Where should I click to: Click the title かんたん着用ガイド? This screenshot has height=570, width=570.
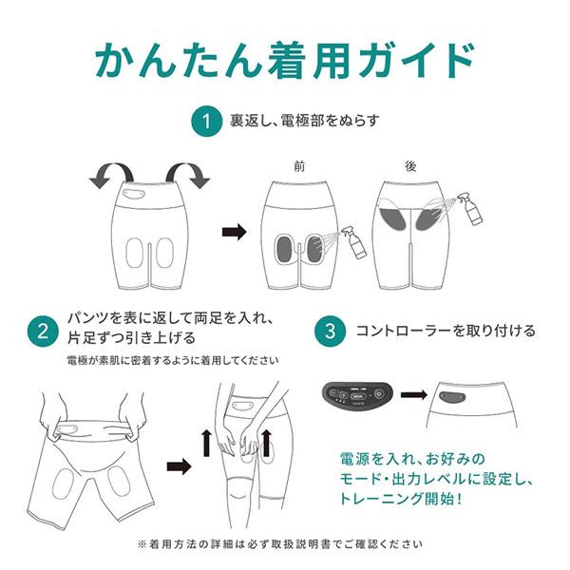pos(284,58)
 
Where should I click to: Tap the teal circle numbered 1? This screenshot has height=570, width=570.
pos(203,121)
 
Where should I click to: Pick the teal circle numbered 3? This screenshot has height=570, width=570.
pos(329,332)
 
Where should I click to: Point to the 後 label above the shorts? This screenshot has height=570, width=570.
pos(410,165)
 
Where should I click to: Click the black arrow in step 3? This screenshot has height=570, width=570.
pos(412,392)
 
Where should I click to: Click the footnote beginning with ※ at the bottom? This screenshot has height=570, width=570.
pos(284,544)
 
